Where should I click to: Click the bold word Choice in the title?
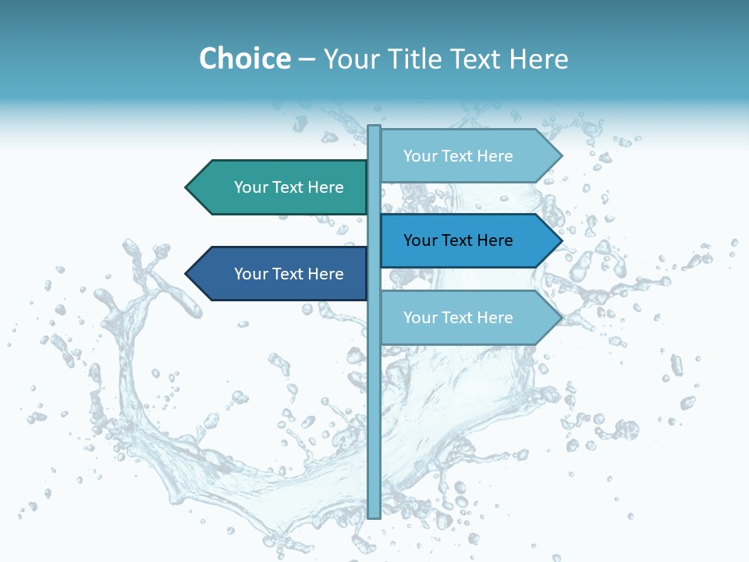pos(244,59)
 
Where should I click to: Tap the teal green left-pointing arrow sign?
pos(277,187)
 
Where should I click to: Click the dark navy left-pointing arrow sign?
pos(277,274)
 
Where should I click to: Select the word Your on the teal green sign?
pos(250,187)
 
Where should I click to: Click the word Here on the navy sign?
pos(325,274)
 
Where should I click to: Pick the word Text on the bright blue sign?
pos(458,240)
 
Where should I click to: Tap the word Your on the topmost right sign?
pos(420,156)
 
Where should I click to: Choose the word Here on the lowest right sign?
pos(495,318)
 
